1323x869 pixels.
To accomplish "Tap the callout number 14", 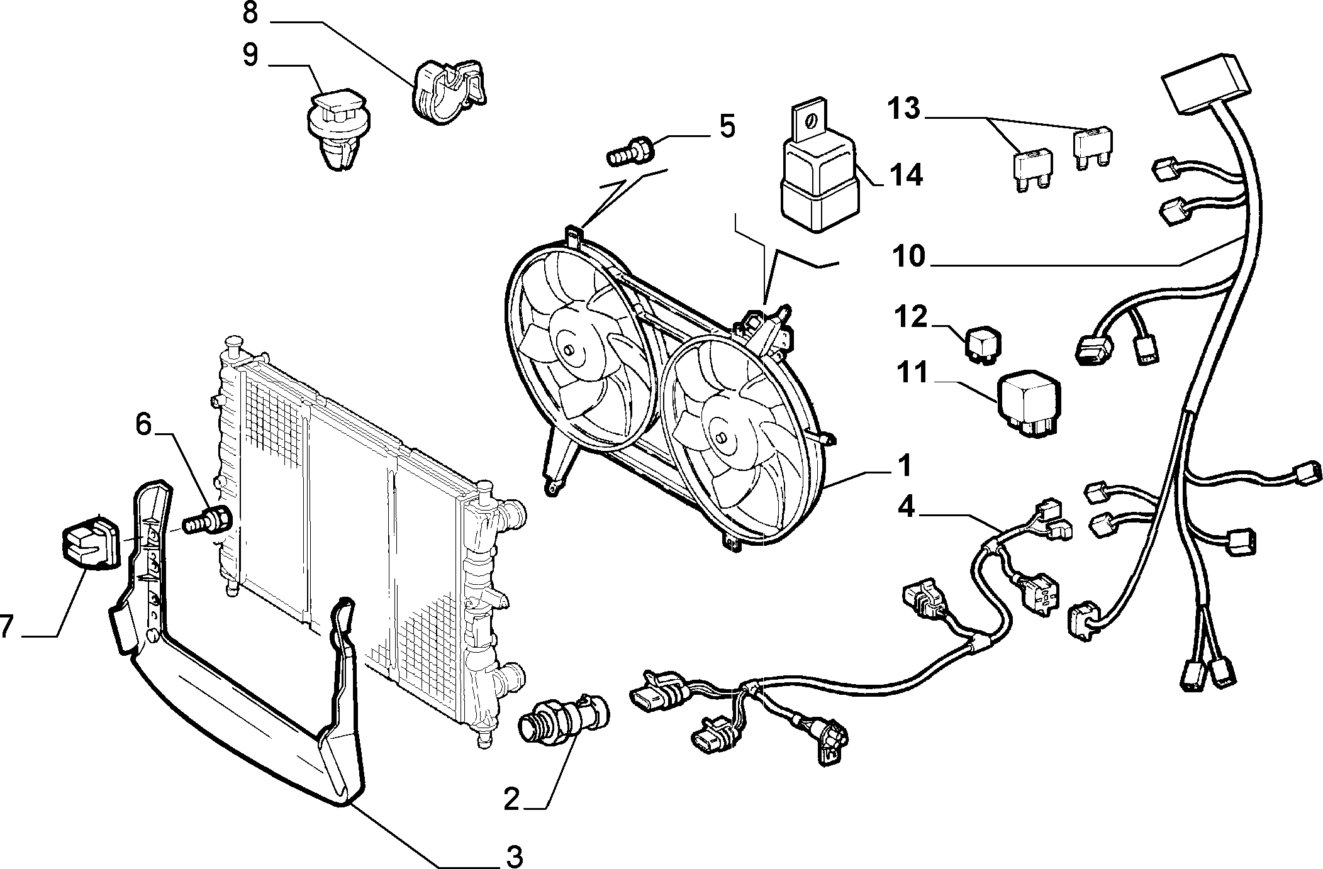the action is [x=904, y=175].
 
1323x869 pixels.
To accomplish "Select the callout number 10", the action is [x=907, y=257].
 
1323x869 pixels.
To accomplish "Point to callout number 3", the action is [x=514, y=856].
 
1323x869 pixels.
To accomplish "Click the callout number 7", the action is [x=6, y=626].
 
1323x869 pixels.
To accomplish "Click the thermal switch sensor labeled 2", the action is [x=563, y=721].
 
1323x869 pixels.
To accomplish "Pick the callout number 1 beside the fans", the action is [x=904, y=466].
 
